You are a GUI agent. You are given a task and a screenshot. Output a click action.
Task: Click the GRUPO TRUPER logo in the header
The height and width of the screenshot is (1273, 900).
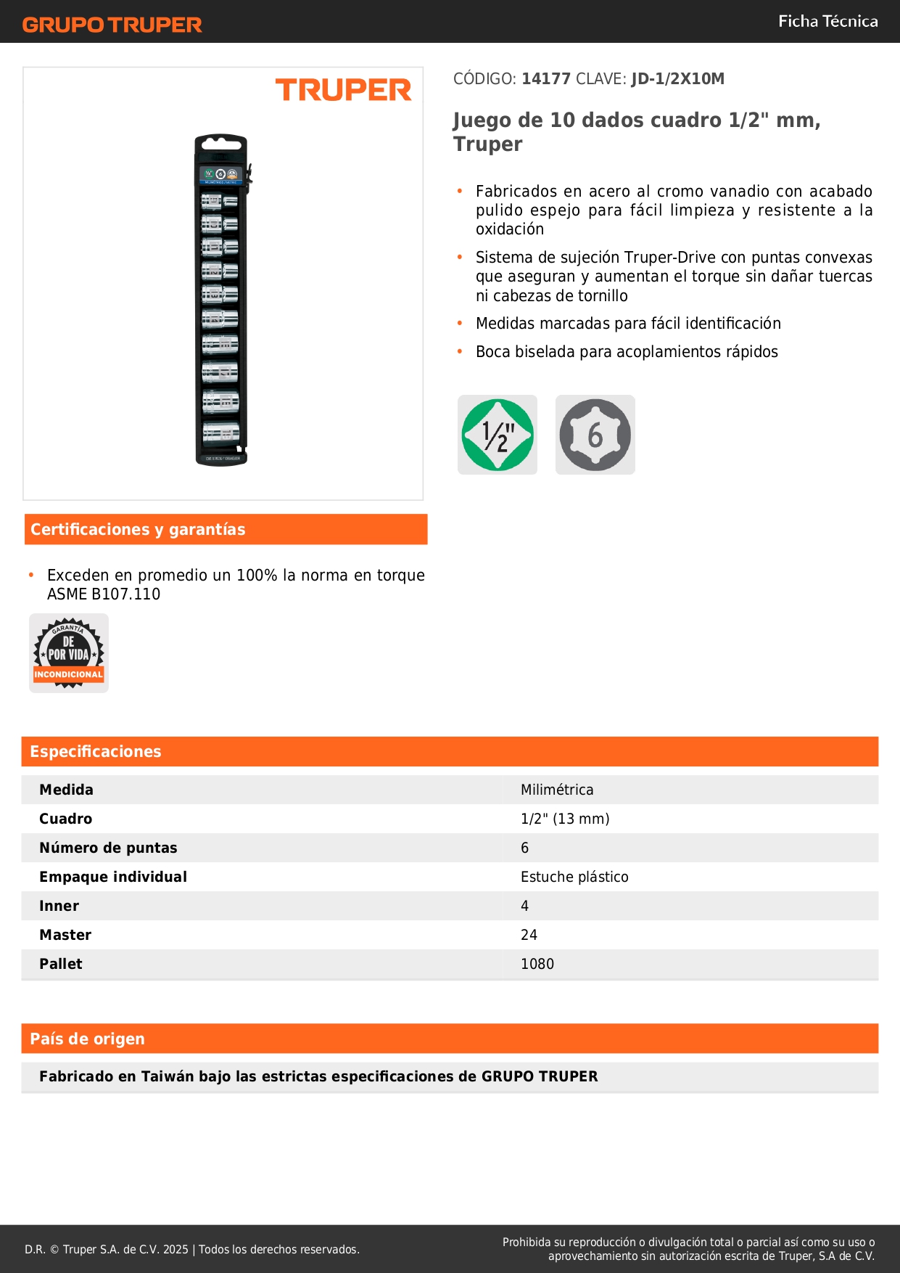pyautogui.click(x=112, y=25)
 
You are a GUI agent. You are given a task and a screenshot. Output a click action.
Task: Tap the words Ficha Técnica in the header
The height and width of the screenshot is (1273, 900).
pyautogui.click(x=827, y=22)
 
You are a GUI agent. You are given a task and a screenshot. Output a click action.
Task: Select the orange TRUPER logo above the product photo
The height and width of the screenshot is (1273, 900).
pyautogui.click(x=343, y=90)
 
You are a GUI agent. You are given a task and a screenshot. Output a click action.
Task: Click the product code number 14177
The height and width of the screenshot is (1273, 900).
pyautogui.click(x=546, y=79)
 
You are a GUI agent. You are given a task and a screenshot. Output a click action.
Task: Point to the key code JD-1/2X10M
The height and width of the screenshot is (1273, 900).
pyautogui.click(x=677, y=79)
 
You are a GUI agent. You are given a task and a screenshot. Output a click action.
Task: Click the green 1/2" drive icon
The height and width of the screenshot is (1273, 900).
pyautogui.click(x=498, y=435)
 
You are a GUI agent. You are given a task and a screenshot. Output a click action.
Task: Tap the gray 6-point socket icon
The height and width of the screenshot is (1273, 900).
pyautogui.click(x=595, y=435)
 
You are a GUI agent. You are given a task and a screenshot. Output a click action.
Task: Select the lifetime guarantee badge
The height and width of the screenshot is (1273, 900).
pyautogui.click(x=69, y=653)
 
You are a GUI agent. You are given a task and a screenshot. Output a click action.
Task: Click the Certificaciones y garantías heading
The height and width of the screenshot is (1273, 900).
pyautogui.click(x=138, y=530)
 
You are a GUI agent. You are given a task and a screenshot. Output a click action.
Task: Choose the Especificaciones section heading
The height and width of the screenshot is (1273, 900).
pyautogui.click(x=96, y=752)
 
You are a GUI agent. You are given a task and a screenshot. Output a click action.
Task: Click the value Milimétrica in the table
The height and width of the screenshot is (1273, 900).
pyautogui.click(x=557, y=790)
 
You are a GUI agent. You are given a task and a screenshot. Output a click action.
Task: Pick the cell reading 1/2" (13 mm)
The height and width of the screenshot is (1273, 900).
pyautogui.click(x=565, y=819)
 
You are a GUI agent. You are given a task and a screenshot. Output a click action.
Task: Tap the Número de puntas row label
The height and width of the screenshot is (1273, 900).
pyautogui.click(x=108, y=848)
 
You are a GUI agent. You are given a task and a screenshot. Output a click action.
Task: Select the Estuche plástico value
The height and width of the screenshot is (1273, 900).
pyautogui.click(x=574, y=877)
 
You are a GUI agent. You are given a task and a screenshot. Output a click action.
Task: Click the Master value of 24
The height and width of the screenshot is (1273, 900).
pyautogui.click(x=529, y=935)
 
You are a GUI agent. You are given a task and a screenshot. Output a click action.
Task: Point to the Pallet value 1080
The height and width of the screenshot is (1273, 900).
pyautogui.click(x=537, y=964)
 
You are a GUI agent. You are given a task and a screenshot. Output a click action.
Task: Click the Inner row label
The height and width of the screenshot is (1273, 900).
pyautogui.click(x=59, y=906)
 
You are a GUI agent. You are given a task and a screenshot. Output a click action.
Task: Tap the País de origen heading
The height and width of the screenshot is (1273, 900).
pyautogui.click(x=87, y=1039)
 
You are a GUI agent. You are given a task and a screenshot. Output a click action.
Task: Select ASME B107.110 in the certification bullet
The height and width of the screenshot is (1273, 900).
pyautogui.click(x=104, y=594)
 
